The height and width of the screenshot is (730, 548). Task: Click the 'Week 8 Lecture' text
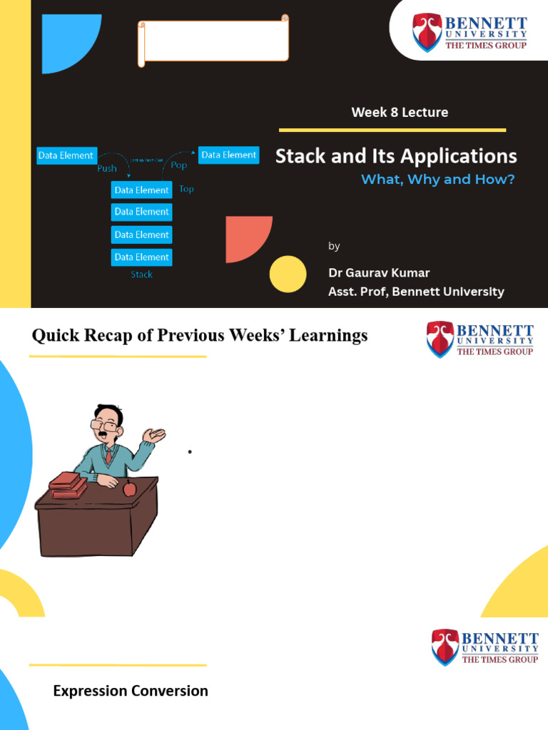(x=400, y=112)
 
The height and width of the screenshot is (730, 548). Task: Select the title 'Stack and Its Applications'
(x=396, y=156)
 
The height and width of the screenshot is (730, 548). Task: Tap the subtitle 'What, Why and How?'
(x=437, y=180)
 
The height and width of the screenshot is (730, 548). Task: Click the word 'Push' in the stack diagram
(x=107, y=169)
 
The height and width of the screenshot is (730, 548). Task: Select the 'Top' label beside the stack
(x=186, y=189)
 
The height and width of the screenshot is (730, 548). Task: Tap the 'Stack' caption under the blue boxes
(x=141, y=274)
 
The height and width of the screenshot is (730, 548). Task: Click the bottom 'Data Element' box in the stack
(x=141, y=257)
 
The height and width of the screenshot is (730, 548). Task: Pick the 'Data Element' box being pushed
(x=66, y=155)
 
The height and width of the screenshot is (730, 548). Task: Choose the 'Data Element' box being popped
(x=228, y=155)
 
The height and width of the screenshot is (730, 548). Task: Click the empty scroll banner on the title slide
(x=213, y=41)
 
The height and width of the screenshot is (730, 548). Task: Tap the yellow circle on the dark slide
(x=288, y=274)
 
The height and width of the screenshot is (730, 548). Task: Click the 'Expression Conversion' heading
(x=131, y=691)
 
